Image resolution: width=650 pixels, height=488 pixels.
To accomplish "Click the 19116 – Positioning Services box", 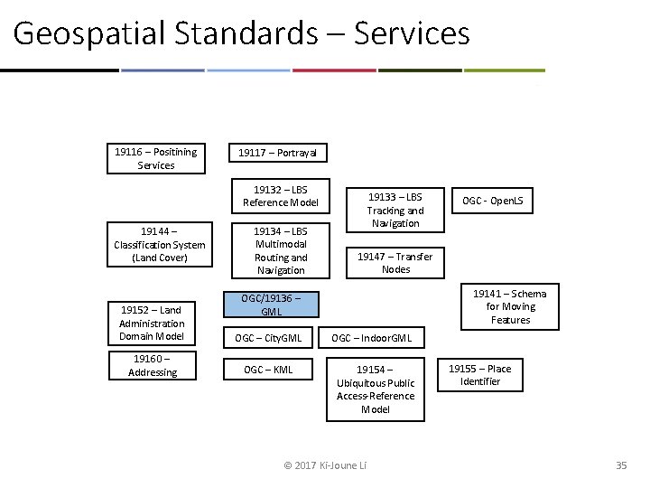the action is pyautogui.click(x=155, y=158).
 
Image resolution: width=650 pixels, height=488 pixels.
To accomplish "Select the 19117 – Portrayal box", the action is pyautogui.click(x=277, y=154).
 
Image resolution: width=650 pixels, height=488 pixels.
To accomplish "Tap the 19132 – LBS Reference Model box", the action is pyautogui.click(x=280, y=196).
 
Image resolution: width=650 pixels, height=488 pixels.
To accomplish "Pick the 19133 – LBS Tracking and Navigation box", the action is pyautogui.click(x=395, y=210).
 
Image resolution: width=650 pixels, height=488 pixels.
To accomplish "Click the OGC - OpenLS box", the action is pyautogui.click(x=493, y=201).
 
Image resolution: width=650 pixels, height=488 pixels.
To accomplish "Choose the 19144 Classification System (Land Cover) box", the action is pyautogui.click(x=160, y=245).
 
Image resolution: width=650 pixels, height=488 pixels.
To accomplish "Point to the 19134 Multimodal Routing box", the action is pyautogui.click(x=280, y=250).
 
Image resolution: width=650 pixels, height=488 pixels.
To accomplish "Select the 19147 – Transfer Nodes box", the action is pyautogui.click(x=395, y=262).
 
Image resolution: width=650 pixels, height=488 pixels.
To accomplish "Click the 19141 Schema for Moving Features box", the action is pyautogui.click(x=510, y=306).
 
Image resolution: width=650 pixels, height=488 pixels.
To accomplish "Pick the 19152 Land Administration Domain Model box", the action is pyautogui.click(x=152, y=324).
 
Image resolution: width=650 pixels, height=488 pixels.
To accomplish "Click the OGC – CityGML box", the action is pyautogui.click(x=269, y=339).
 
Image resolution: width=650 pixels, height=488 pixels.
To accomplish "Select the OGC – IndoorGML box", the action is pyautogui.click(x=371, y=339).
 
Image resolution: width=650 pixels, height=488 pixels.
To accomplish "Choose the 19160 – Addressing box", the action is pyautogui.click(x=153, y=365).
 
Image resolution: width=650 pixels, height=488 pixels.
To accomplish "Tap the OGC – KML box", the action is pyautogui.click(x=269, y=370).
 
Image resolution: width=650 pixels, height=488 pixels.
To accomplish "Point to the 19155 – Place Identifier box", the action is pyautogui.click(x=479, y=375).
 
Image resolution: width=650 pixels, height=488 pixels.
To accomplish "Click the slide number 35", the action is pyautogui.click(x=620, y=465).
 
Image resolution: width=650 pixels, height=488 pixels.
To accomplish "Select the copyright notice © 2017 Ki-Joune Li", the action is pyautogui.click(x=325, y=465).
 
